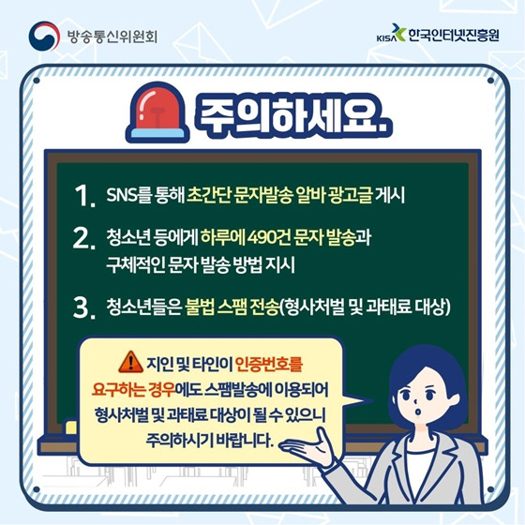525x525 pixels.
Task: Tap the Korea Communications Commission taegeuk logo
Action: pyautogui.click(x=46, y=37)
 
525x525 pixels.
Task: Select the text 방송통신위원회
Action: pyautogui.click(x=111, y=37)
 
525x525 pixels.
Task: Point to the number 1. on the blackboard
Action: pyautogui.click(x=85, y=198)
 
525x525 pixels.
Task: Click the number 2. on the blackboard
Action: pyautogui.click(x=85, y=239)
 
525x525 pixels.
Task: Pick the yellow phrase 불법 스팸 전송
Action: pyautogui.click(x=233, y=305)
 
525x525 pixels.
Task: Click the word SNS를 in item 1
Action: pyautogui.click(x=129, y=195)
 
